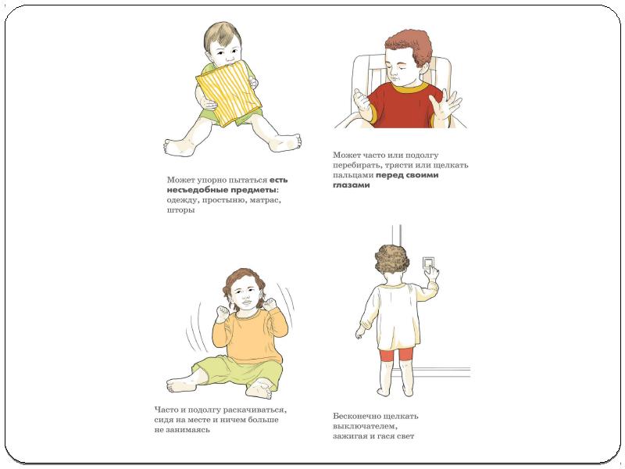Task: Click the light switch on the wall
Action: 428,263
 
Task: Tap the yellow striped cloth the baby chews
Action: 229,94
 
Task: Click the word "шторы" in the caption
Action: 181,209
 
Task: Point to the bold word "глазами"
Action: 351,185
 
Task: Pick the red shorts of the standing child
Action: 397,354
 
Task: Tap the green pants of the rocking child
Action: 237,374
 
